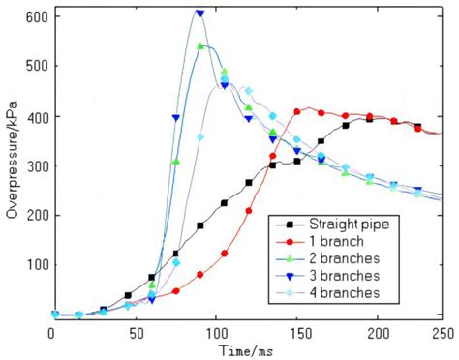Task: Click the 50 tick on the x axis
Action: pyautogui.click(x=129, y=332)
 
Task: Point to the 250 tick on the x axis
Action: pyautogui.click(x=442, y=332)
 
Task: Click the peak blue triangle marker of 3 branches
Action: pyautogui.click(x=199, y=14)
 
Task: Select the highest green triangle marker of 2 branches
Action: pyautogui.click(x=200, y=46)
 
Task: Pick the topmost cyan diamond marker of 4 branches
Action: pyautogui.click(x=248, y=91)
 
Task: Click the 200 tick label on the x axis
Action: pyautogui.click(x=362, y=332)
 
